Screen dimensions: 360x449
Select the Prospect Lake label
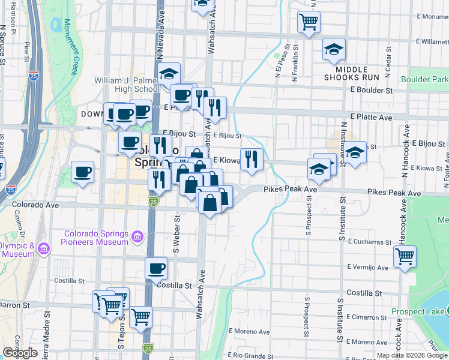click(x=417, y=311)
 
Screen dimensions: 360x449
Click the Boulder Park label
click(x=424, y=79)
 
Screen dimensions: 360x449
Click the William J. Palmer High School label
click(x=126, y=85)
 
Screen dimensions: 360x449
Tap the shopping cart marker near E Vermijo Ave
click(x=405, y=256)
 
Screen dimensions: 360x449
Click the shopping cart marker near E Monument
click(x=309, y=22)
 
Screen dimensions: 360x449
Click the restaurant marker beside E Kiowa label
click(x=252, y=159)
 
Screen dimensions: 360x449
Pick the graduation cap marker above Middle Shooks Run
click(x=334, y=49)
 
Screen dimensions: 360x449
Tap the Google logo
click(x=20, y=353)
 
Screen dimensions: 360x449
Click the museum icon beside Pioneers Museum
click(x=137, y=238)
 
